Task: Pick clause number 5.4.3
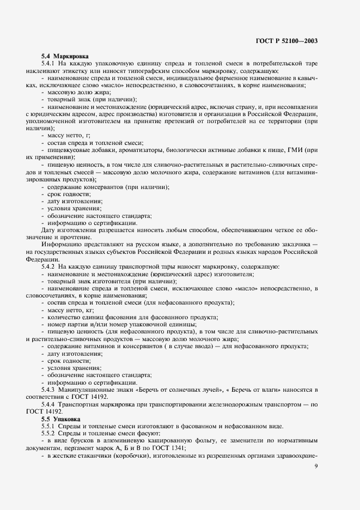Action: click(51, 390)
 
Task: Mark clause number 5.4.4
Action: click(51, 405)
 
